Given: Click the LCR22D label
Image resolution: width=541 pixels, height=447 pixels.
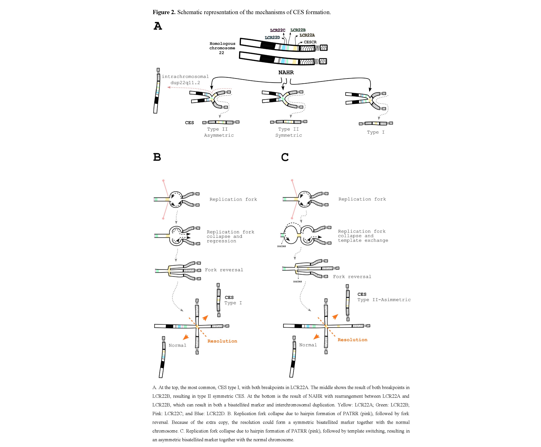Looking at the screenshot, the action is tap(272, 38).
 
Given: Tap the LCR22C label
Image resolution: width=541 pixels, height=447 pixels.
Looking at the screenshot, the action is tap(278, 30).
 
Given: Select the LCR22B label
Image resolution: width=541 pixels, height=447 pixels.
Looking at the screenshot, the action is tap(298, 30).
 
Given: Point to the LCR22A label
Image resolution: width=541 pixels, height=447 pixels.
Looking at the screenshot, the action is tap(307, 35).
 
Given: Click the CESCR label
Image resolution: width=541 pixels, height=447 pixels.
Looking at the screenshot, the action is tap(310, 42).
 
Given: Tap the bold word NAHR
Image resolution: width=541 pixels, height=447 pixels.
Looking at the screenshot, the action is tap(286, 72).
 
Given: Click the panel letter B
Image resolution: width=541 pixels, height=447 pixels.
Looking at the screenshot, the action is tap(157, 157).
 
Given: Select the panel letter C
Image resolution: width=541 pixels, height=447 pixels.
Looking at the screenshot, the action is tap(285, 157).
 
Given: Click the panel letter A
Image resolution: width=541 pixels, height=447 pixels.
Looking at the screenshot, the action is tap(158, 26).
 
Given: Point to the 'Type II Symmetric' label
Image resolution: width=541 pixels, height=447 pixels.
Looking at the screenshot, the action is tap(289, 132).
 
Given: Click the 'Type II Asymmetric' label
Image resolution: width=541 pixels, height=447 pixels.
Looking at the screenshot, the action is tap(219, 132).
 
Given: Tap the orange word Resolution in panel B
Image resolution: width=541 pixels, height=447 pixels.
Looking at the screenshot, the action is tap(222, 341).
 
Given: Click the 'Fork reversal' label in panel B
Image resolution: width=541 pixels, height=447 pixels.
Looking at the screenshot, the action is tap(224, 270).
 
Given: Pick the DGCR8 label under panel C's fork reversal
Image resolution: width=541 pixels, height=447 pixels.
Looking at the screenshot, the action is tap(297, 282).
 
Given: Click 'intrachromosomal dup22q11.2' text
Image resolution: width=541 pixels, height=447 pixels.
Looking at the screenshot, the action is tap(185, 80).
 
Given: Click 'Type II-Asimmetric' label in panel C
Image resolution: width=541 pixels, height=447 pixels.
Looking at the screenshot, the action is tap(384, 300).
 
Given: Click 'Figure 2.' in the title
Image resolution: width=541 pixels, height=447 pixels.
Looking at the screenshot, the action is tap(164, 12).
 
